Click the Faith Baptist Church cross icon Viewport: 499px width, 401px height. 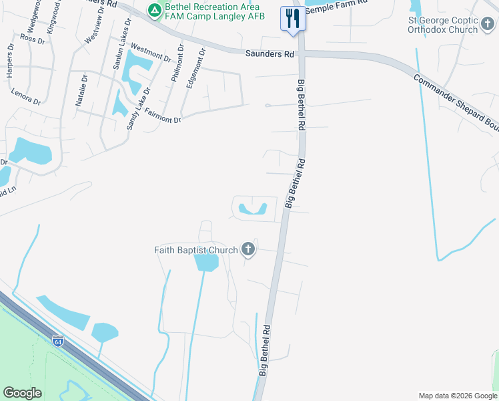pos(248,250)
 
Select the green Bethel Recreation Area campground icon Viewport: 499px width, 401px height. pos(155,10)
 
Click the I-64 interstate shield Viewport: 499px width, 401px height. pos(58,341)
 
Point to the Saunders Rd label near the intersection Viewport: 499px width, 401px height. pos(270,53)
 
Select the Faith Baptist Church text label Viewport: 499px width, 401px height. pos(196,251)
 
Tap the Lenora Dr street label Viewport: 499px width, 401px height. pos(27,97)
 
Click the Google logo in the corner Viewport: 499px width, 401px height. pos(22,393)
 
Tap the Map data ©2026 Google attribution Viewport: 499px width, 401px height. pos(457,396)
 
